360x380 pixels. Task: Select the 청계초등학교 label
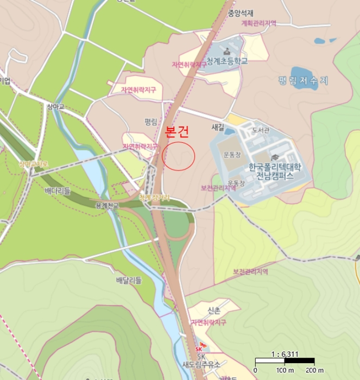click(x=227, y=61)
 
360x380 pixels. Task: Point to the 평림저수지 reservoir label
click(x=304, y=80)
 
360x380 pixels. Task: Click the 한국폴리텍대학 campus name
click(x=274, y=167)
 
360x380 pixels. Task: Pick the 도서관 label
click(x=261, y=131)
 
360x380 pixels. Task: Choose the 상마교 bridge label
click(x=55, y=107)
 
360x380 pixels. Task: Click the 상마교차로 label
click(x=34, y=163)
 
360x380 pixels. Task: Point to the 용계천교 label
click(x=106, y=206)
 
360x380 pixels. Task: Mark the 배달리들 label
click(x=129, y=280)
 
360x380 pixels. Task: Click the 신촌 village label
click(x=214, y=311)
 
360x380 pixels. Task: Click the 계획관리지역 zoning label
click(x=258, y=23)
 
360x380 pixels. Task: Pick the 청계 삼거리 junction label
click(x=154, y=198)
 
